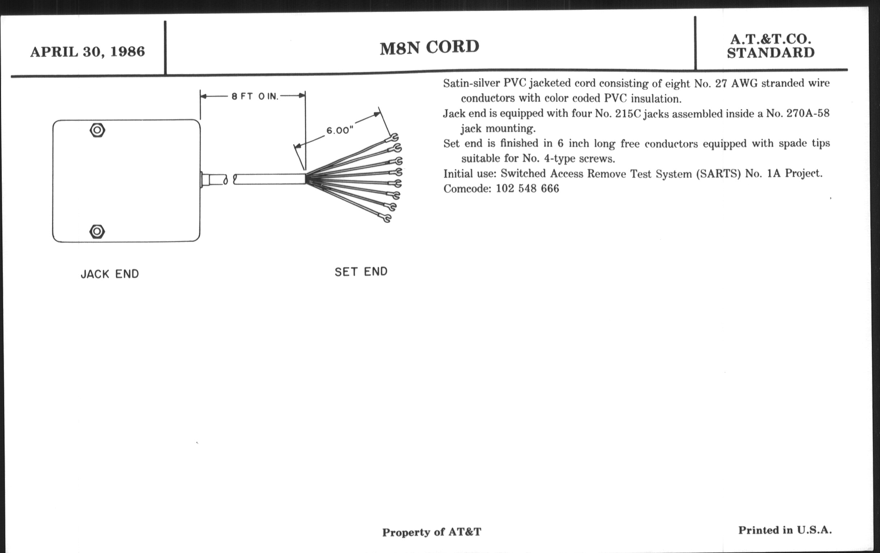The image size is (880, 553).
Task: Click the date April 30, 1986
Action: coord(87,52)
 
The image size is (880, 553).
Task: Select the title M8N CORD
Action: coord(430,47)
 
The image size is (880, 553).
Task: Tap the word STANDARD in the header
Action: coord(771,53)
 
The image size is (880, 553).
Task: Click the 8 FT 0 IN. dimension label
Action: coord(255,97)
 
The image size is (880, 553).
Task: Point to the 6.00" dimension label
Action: coord(340,130)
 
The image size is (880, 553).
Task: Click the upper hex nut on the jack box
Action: coord(97,130)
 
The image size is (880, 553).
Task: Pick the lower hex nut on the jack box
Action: coord(97,231)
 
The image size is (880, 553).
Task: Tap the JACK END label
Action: coord(110,274)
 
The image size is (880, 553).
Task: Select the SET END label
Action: coord(361,271)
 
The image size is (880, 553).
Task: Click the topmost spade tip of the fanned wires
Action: coord(392,138)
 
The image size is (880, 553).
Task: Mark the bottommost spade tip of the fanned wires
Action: coord(386,218)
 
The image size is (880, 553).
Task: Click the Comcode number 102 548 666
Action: coord(527,188)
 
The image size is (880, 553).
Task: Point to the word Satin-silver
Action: coord(471,83)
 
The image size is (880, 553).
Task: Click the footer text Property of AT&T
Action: coord(432,532)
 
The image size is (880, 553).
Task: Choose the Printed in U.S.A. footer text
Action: coord(785,530)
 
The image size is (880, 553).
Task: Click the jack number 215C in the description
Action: coord(628,113)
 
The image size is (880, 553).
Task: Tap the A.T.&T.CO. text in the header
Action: coord(771,39)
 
